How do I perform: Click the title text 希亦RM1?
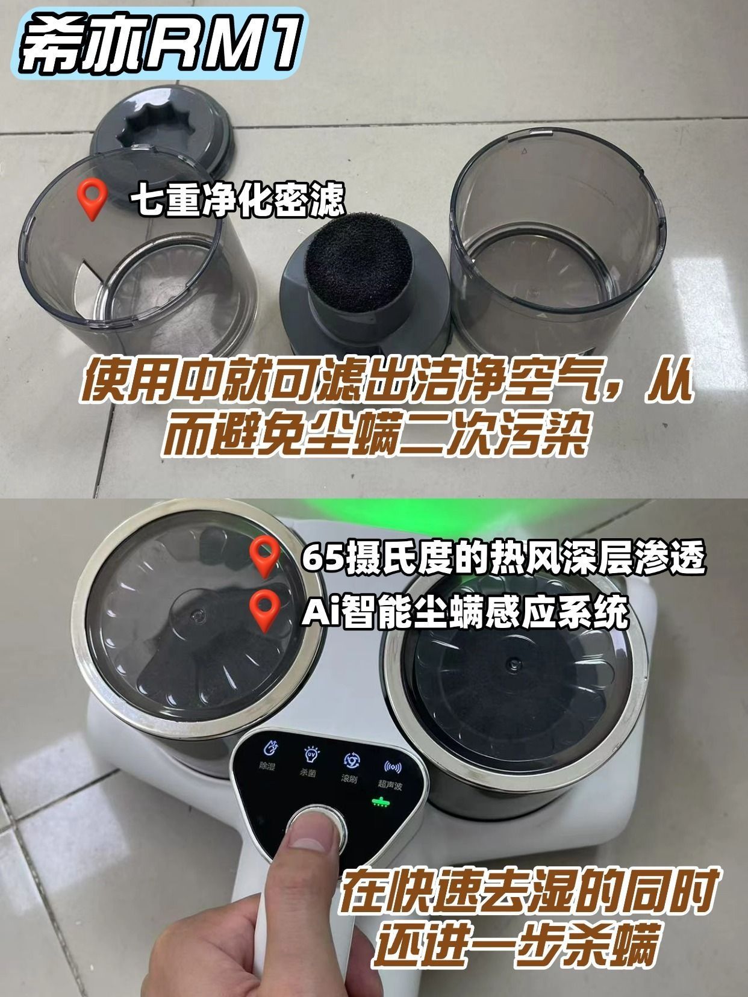160,45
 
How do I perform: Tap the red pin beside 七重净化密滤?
93,200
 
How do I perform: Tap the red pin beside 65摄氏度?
265,556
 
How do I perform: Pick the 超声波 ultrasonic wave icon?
393,767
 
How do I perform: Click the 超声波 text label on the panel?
390,785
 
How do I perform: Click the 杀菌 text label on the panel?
308,772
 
